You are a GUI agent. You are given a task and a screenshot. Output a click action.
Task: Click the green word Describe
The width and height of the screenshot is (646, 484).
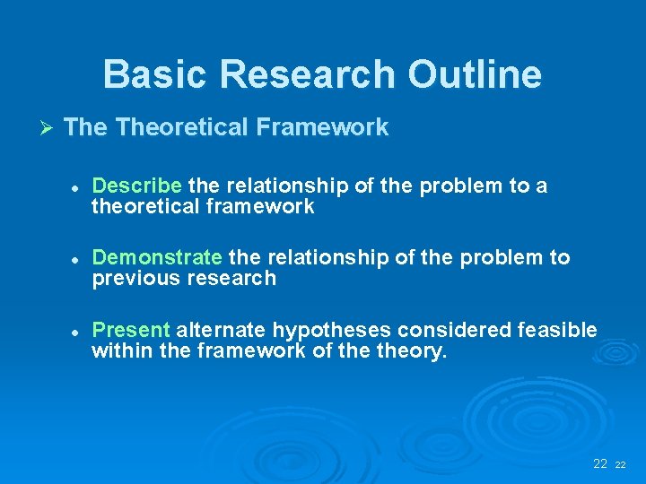(137, 186)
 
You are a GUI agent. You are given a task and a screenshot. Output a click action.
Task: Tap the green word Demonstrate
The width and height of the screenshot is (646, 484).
(157, 258)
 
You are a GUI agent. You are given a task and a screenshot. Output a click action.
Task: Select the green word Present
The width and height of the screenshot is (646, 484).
(131, 331)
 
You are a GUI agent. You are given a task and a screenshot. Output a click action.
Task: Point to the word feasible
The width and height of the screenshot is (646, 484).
(557, 331)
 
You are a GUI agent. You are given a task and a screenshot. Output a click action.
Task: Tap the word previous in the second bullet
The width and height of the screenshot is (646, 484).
(135, 279)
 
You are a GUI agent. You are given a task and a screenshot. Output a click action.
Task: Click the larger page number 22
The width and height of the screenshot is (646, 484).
(600, 463)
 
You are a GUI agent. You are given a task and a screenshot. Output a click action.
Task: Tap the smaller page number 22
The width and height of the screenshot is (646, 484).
(620, 465)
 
